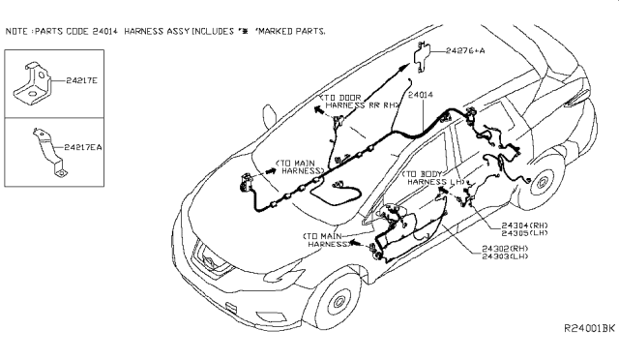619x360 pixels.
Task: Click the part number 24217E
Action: (81, 80)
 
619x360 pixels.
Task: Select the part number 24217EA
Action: (83, 147)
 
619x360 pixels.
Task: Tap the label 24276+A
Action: (465, 50)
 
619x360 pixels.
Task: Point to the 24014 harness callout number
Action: (421, 95)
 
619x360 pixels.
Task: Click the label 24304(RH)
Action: (524, 225)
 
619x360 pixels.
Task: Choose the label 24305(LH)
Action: (524, 233)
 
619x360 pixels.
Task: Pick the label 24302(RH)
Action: (505, 249)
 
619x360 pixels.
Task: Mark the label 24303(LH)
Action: (505, 256)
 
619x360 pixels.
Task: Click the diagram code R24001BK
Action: (589, 328)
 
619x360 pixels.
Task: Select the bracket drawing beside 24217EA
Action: (49, 152)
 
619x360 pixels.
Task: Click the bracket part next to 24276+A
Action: (422, 56)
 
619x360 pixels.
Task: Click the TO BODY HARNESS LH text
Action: (434, 178)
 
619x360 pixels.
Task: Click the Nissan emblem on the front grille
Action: (207, 261)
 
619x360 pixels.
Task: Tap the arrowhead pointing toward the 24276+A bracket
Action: (404, 68)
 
